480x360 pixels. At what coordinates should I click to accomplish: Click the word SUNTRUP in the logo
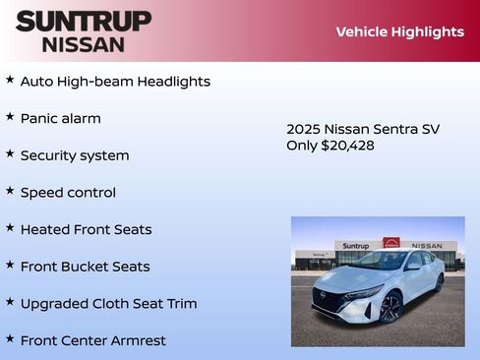[x=84, y=21]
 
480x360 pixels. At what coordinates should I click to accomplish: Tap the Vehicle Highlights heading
[x=399, y=31]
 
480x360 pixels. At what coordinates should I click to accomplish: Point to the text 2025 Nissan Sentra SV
[x=363, y=129]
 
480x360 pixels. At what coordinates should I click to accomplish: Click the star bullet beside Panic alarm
[x=10, y=117]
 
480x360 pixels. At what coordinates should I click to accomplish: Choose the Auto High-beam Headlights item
[x=115, y=82]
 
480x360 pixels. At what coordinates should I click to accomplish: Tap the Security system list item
[x=75, y=155]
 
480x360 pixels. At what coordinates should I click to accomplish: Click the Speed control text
[x=68, y=193]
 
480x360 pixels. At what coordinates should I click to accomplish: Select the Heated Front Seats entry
[x=86, y=229]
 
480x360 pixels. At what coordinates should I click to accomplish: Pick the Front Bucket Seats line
[x=85, y=267]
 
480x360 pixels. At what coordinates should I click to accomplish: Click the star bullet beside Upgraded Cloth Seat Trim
[x=10, y=302]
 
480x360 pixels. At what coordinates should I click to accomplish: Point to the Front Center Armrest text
[x=92, y=340]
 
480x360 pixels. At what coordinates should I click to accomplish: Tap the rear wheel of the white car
[x=439, y=283]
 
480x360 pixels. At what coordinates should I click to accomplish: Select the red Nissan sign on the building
[x=391, y=243]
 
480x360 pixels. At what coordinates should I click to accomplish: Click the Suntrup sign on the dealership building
[x=356, y=246]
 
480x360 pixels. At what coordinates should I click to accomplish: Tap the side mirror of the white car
[x=413, y=267]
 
